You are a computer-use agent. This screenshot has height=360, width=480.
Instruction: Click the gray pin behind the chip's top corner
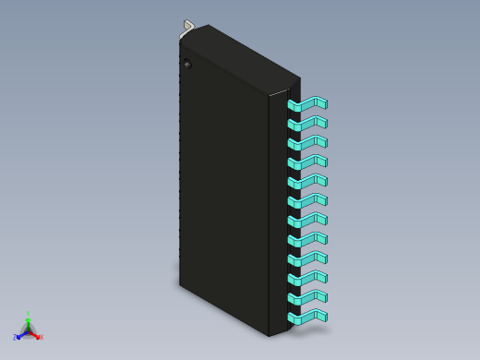pos(188,27)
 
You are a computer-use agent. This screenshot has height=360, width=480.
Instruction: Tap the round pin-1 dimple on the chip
pos(187,64)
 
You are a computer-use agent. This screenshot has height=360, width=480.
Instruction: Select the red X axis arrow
pos(37,335)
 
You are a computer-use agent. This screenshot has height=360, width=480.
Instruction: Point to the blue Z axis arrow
pos(20,335)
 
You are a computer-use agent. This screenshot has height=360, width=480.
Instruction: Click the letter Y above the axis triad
pos(29,313)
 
